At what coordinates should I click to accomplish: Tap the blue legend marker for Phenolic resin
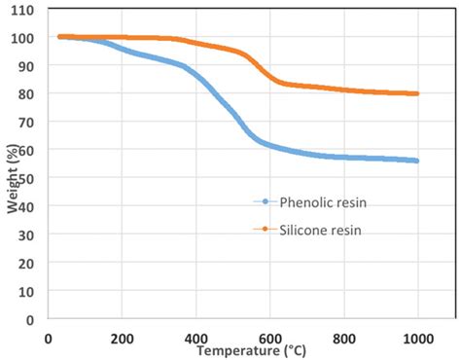tap(264, 201)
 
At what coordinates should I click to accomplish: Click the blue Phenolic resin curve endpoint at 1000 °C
tap(417, 161)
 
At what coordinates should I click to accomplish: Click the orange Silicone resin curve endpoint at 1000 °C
tap(417, 93)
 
